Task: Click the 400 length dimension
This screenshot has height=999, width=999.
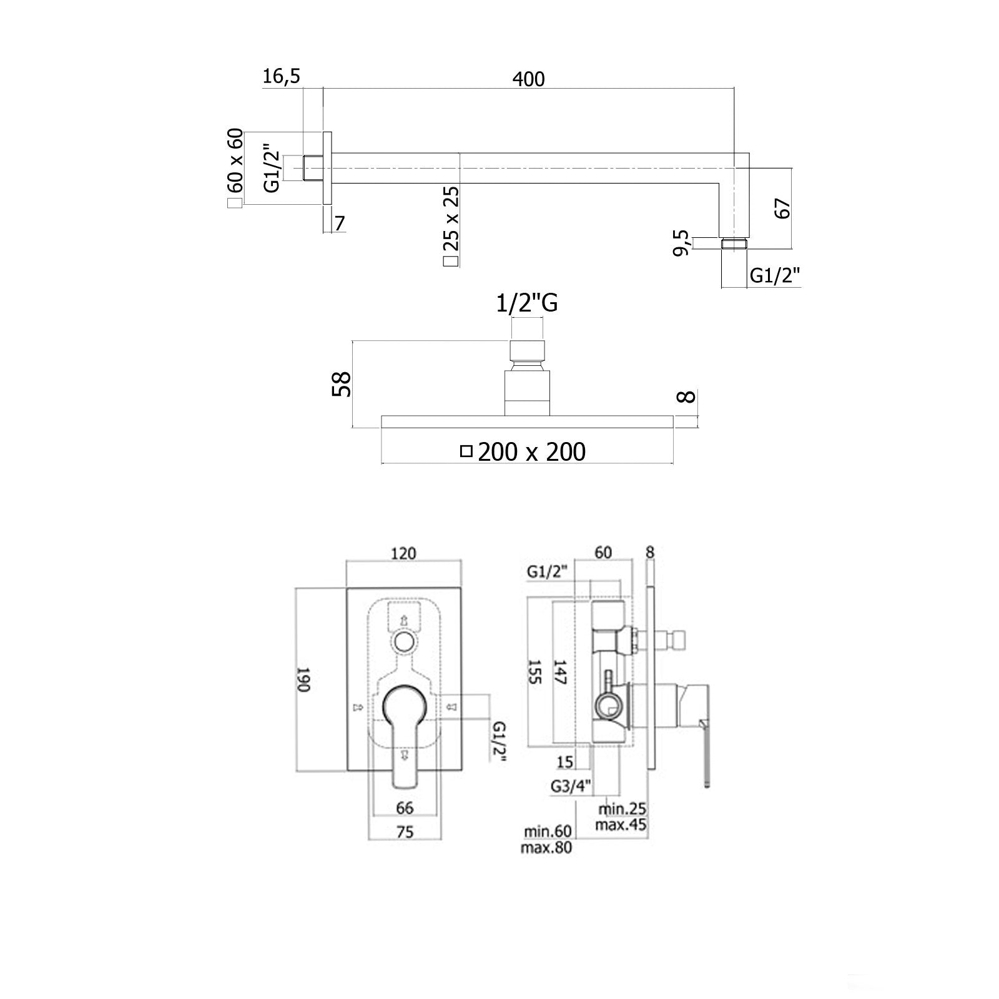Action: pyautogui.click(x=528, y=79)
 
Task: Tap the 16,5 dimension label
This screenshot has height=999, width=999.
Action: pyautogui.click(x=282, y=77)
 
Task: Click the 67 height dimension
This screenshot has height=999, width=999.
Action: pyautogui.click(x=782, y=208)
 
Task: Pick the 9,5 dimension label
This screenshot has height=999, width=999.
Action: pyautogui.click(x=682, y=243)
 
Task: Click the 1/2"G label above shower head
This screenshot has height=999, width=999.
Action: pyautogui.click(x=527, y=303)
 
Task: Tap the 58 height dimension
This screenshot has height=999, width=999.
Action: pyautogui.click(x=342, y=384)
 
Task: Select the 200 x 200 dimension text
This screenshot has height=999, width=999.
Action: pyautogui.click(x=531, y=451)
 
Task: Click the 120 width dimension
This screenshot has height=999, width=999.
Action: pyautogui.click(x=404, y=553)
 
